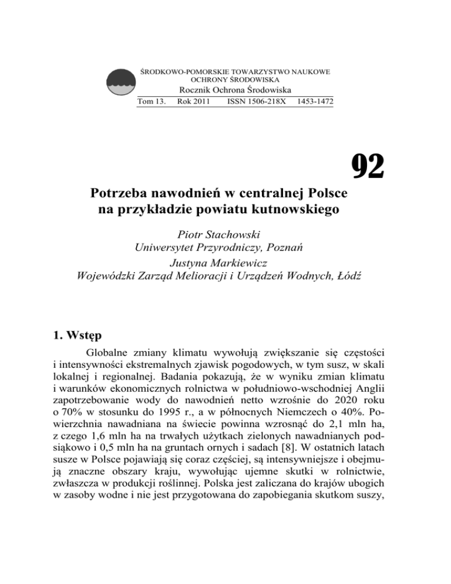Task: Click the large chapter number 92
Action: pos(368,166)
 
